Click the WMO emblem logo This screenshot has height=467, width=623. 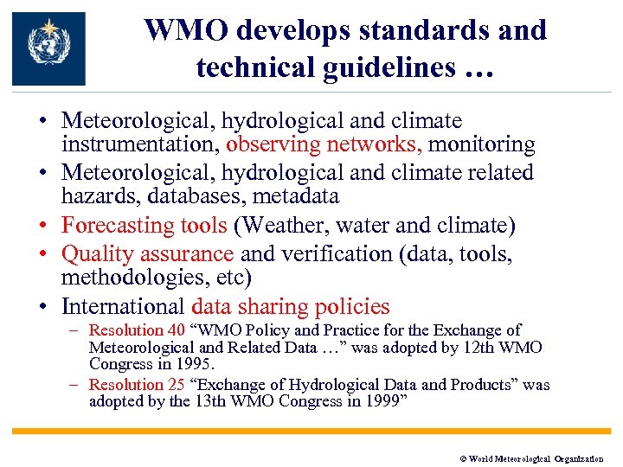(48, 48)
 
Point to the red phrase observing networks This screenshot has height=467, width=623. (324, 144)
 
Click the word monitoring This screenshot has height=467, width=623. (482, 144)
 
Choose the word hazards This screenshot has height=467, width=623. (97, 198)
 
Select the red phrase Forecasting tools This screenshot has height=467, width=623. (144, 226)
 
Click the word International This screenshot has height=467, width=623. (123, 307)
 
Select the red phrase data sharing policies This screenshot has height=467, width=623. (291, 307)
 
